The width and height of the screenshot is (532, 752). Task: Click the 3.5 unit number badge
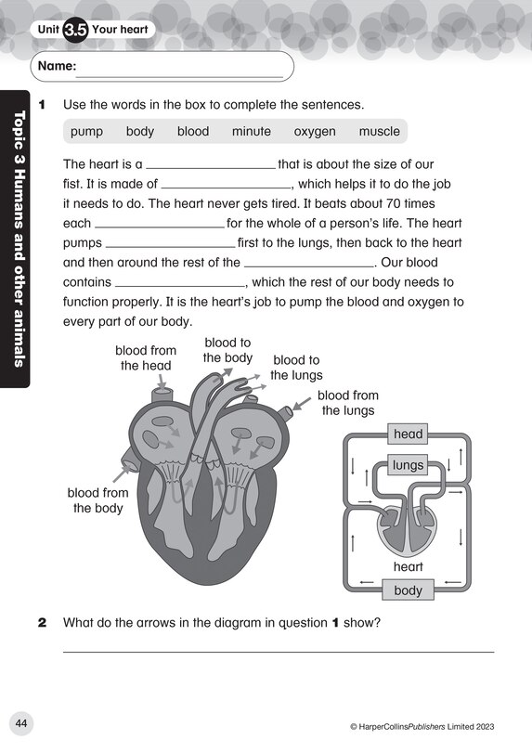click(75, 29)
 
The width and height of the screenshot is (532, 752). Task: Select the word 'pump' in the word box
click(86, 132)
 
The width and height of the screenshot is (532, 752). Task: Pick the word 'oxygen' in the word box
click(315, 132)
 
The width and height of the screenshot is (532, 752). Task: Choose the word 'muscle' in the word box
click(379, 132)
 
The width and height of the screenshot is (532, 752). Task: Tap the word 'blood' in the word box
click(193, 132)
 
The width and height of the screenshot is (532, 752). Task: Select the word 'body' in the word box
click(140, 132)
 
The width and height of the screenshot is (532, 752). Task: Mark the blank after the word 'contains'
click(179, 282)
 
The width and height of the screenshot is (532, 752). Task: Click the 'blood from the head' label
click(145, 357)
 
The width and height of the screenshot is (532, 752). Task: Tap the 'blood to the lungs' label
click(296, 368)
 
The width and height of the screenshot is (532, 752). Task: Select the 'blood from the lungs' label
click(347, 403)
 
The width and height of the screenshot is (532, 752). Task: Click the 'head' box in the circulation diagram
click(408, 434)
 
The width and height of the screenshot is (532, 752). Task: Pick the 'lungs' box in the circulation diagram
click(408, 465)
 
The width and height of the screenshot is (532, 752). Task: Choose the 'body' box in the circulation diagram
click(408, 590)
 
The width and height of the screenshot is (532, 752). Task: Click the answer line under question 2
click(278, 650)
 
